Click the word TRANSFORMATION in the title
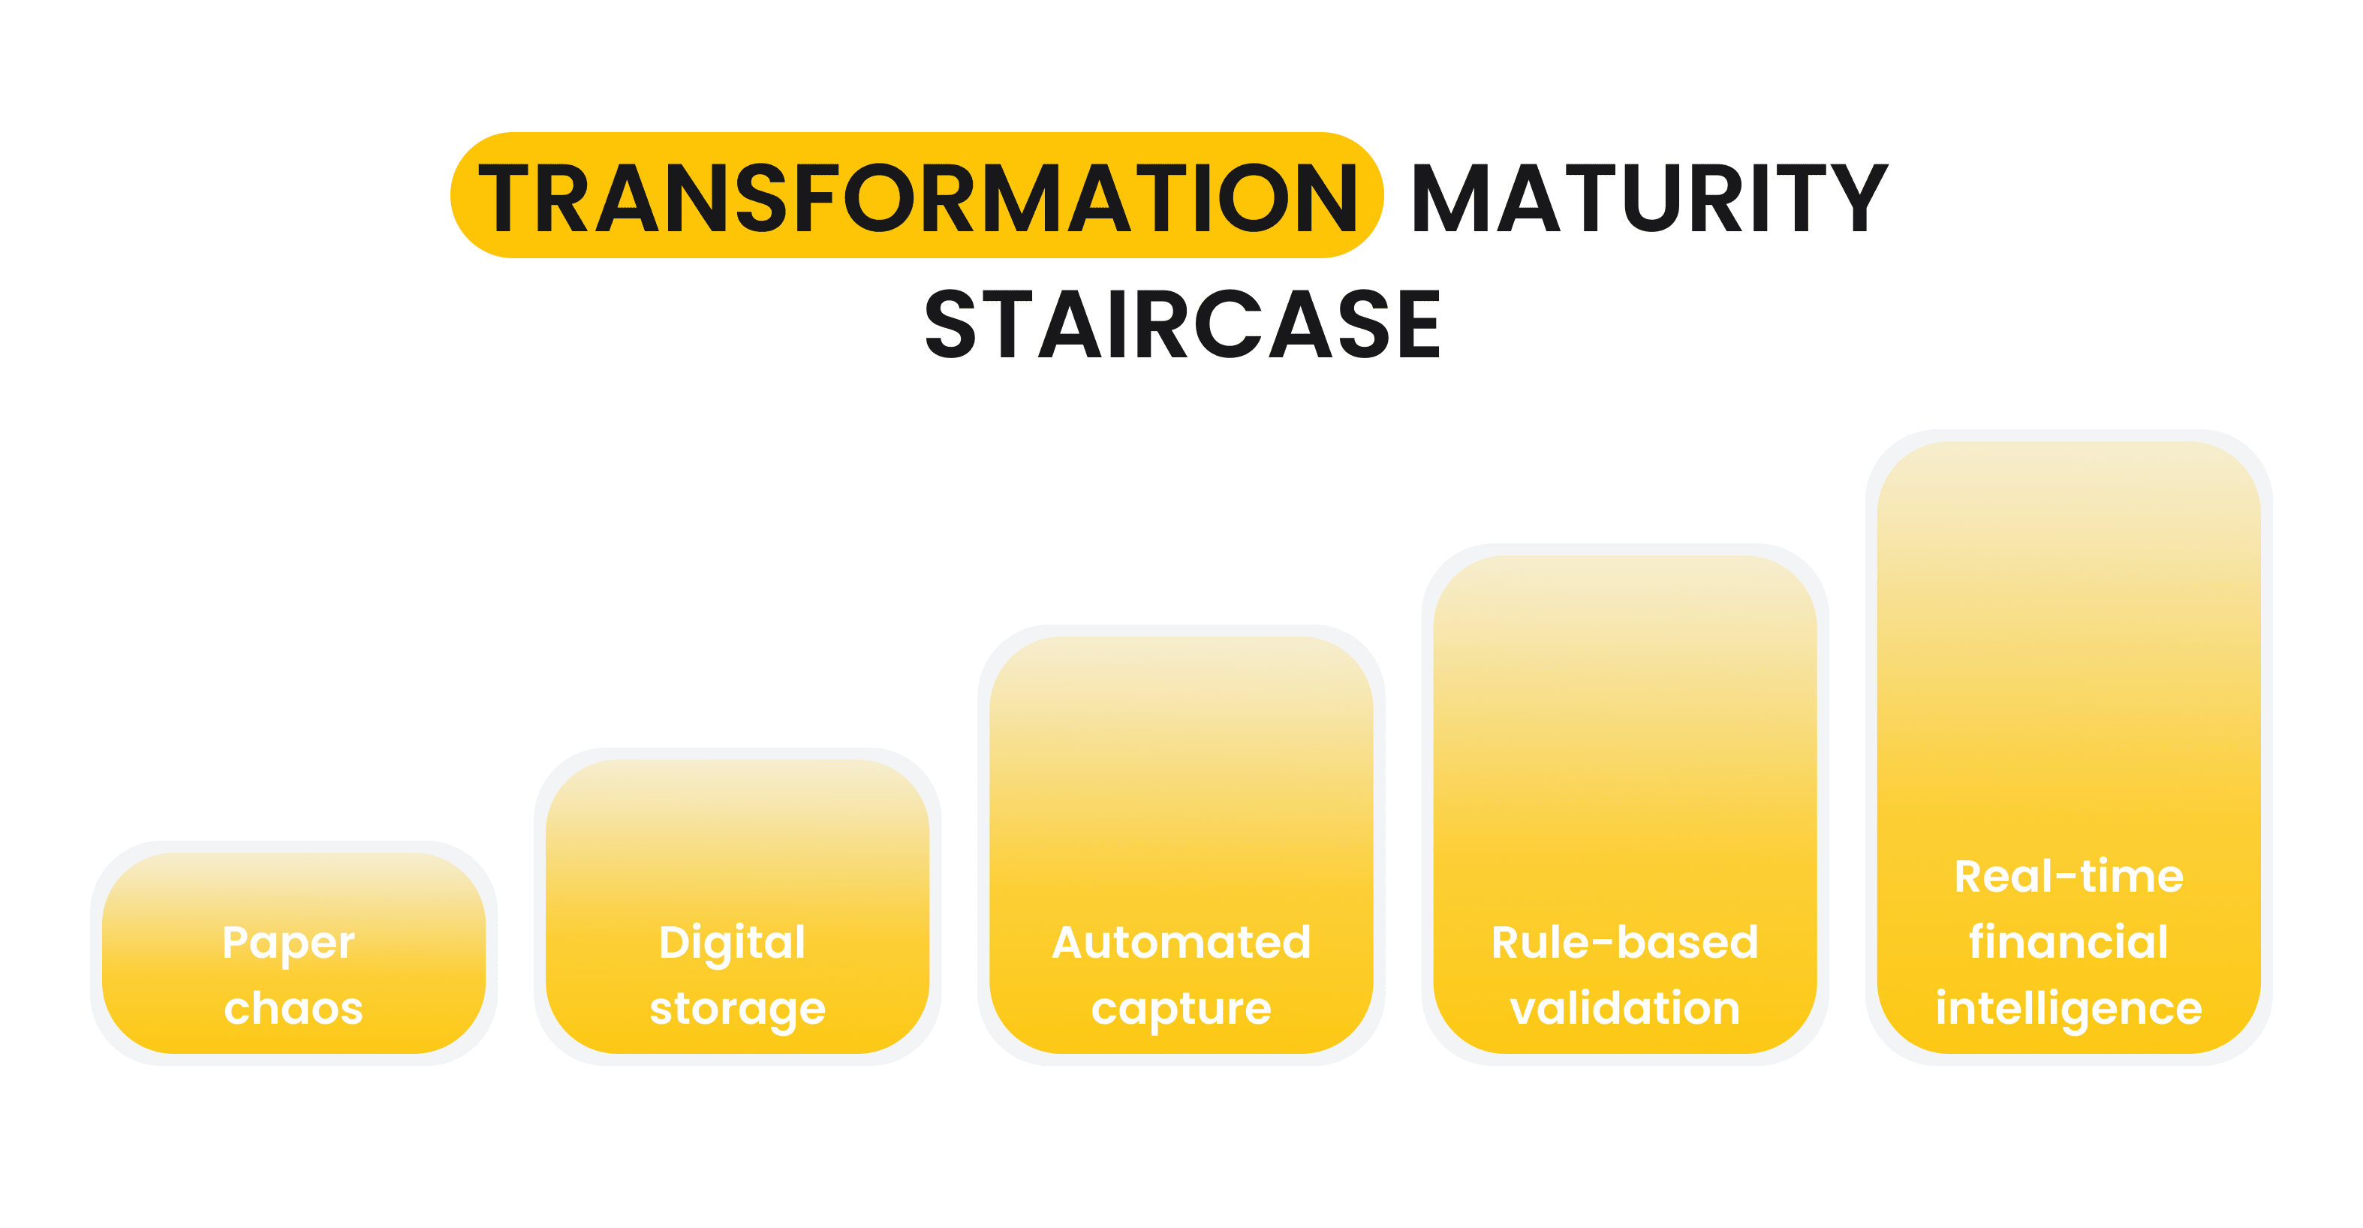(918, 197)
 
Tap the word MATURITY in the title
(1649, 198)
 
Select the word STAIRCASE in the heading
(1182, 324)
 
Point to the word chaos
(293, 1008)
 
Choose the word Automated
(1181, 943)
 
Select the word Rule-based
(1624, 942)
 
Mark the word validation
(1624, 1007)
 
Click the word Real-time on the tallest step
(2069, 876)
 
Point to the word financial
(2069, 942)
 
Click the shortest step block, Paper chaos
(293, 953)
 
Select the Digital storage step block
(738, 906)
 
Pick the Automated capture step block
(1181, 844)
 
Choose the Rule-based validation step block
(1624, 805)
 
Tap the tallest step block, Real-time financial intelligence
(2069, 748)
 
